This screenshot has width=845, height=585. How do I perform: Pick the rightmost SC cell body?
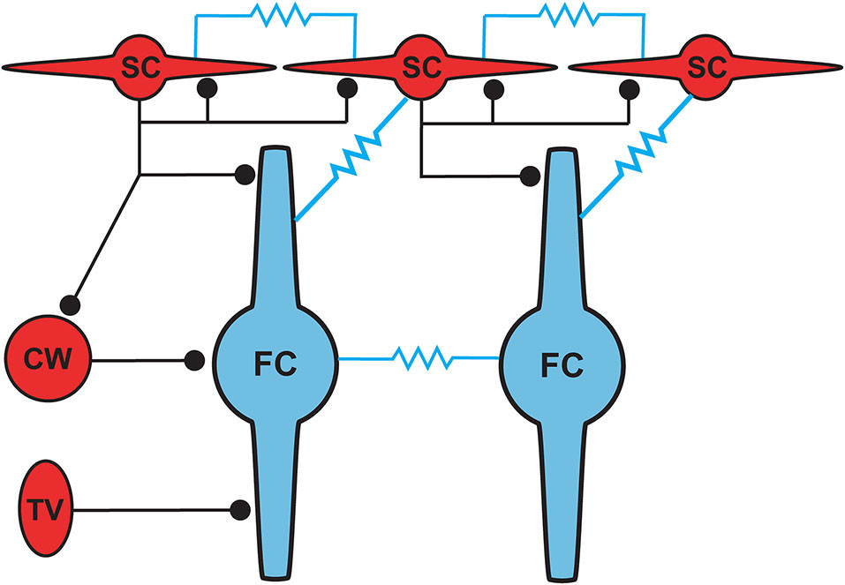708,66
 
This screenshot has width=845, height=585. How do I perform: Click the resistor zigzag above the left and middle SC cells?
275,15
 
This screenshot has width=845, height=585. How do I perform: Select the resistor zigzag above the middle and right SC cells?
562,15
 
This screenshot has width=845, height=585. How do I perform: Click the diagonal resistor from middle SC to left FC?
351,158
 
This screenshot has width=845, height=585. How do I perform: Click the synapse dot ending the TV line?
238,509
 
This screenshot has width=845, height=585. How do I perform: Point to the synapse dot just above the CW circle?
72,304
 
